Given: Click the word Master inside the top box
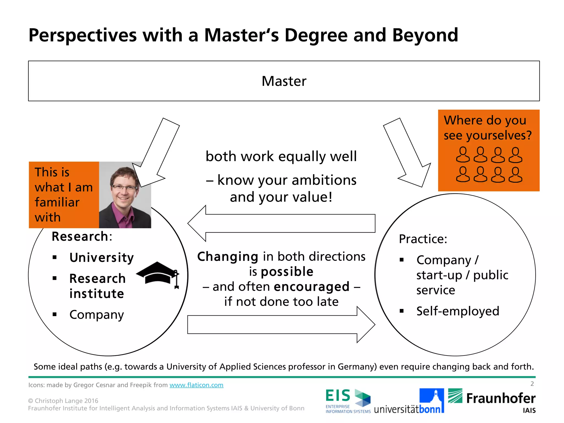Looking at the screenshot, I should (284, 81).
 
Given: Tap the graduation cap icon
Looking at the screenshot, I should (157, 273).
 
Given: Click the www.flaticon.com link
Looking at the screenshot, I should (196, 385).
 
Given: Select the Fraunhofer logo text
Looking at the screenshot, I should (501, 398).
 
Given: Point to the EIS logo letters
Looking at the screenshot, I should (338, 396).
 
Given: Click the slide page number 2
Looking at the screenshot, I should (532, 384).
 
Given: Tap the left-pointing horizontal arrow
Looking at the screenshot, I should (281, 223).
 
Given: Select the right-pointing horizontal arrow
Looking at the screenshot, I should (281, 325).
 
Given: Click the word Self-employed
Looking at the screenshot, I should (458, 311).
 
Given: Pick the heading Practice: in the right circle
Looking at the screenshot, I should (423, 239).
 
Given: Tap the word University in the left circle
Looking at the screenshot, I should (102, 258).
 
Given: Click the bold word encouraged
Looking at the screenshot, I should (312, 287).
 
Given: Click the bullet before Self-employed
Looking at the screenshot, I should (402, 311).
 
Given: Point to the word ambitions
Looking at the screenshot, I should (324, 180).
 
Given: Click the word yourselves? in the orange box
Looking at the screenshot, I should (499, 135).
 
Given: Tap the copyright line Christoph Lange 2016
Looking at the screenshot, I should (63, 401).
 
